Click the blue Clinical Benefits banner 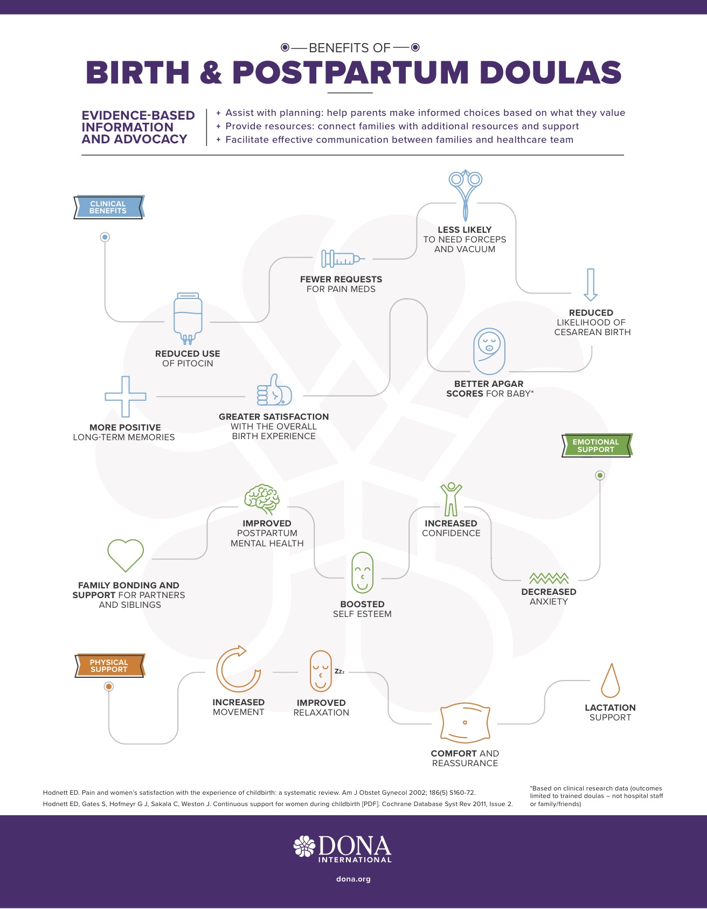click(109, 207)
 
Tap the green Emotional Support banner click(597, 446)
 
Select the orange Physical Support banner click(109, 665)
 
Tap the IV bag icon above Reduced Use click(188, 318)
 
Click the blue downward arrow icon click(591, 285)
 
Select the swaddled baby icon click(489, 351)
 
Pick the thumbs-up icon click(274, 390)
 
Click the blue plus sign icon click(126, 396)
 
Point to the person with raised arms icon click(451, 499)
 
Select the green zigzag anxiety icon click(549, 579)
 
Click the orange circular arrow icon click(239, 669)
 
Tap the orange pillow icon click(465, 723)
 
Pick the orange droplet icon click(610, 681)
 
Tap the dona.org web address click(353, 879)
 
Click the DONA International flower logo click(304, 846)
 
